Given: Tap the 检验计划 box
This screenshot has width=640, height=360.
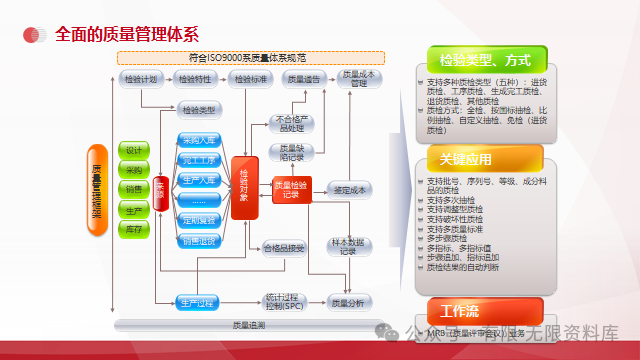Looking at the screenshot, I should pyautogui.click(x=139, y=79).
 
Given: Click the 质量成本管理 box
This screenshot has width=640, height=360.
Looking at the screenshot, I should pyautogui.click(x=358, y=79).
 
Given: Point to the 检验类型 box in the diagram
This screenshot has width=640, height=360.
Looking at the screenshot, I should pyautogui.click(x=200, y=109).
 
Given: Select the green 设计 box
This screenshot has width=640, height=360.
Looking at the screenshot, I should pyautogui.click(x=134, y=150).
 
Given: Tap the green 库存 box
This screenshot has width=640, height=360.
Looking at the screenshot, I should pyautogui.click(x=134, y=230).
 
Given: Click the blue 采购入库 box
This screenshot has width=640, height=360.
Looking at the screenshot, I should pyautogui.click(x=200, y=140).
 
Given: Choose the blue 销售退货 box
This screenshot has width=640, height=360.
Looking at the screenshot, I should pyautogui.click(x=200, y=240).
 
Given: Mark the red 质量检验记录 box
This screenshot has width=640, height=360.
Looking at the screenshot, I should pyautogui.click(x=291, y=189).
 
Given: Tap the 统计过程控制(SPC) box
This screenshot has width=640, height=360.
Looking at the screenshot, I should pyautogui.click(x=284, y=301).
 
